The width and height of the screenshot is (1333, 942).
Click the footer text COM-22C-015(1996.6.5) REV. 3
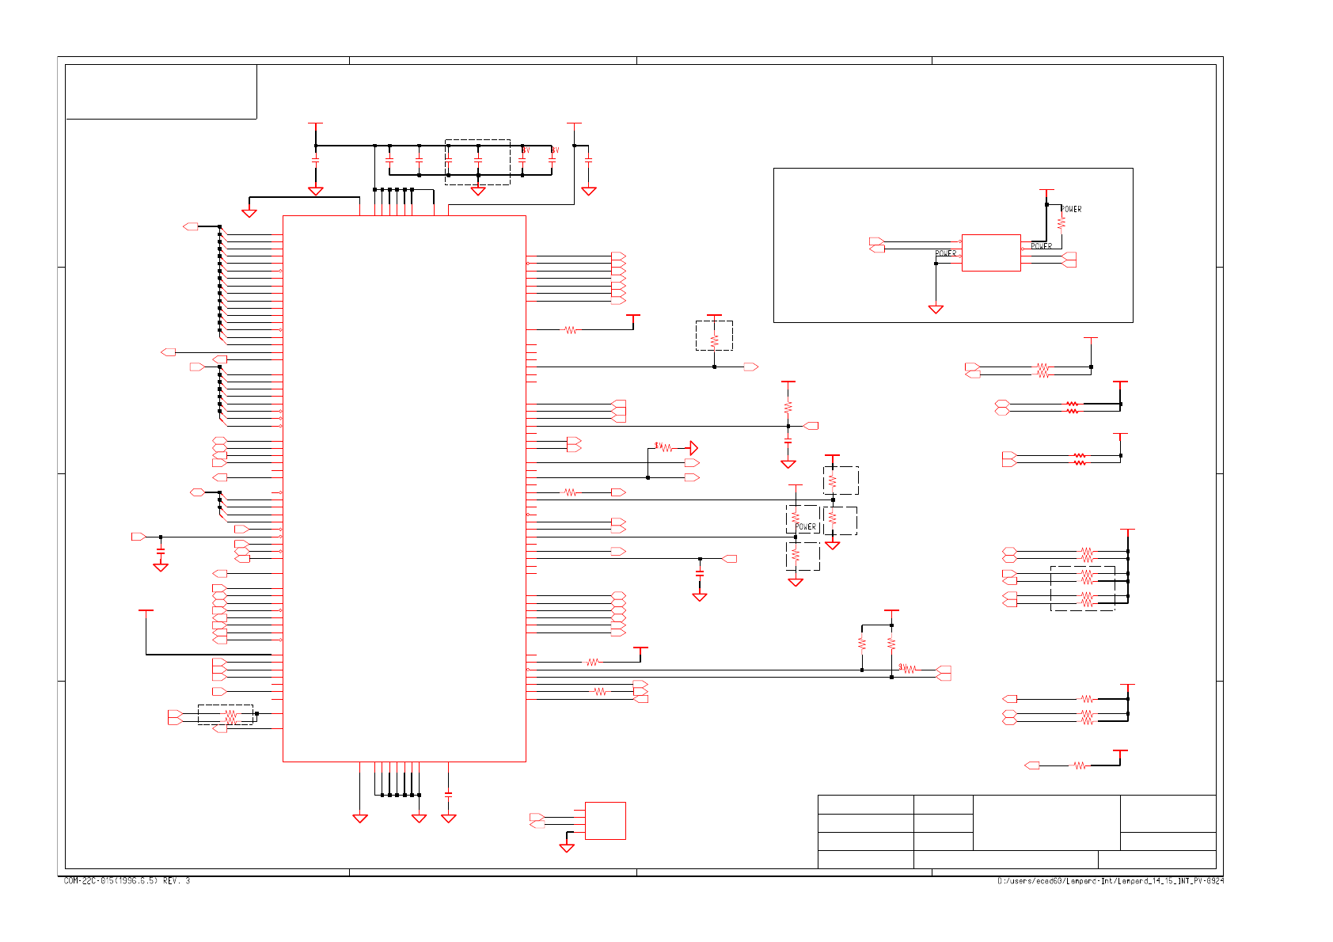[x=127, y=881]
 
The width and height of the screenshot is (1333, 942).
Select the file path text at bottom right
[x=1110, y=881]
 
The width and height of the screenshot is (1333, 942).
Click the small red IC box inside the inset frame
[x=990, y=253]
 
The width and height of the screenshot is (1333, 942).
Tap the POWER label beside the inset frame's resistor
[x=1071, y=209]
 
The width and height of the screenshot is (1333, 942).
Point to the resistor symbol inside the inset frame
[x=1061, y=223]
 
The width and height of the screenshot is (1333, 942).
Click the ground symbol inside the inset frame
[x=936, y=309]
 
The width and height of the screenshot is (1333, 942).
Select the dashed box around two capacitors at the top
[x=477, y=161]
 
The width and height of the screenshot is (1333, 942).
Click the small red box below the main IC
[x=605, y=820]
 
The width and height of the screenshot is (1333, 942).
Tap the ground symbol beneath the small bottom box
[x=567, y=848]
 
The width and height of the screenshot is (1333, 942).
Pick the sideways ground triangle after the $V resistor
[x=693, y=448]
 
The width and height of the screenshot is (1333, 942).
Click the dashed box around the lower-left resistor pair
[x=226, y=715]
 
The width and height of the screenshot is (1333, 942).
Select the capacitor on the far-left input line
[x=161, y=550]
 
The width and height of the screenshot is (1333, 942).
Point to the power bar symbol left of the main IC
[x=146, y=611]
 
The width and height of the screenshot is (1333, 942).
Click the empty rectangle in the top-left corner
[x=161, y=92]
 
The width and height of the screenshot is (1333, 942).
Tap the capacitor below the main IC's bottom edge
[x=449, y=793]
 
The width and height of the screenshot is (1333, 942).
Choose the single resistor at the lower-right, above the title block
[x=1079, y=765]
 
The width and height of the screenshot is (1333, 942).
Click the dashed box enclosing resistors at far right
[x=1082, y=588]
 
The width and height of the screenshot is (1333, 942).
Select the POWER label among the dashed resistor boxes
[x=806, y=526]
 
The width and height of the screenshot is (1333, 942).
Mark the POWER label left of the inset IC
[x=946, y=253]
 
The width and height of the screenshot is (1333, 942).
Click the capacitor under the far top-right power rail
[x=589, y=161]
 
